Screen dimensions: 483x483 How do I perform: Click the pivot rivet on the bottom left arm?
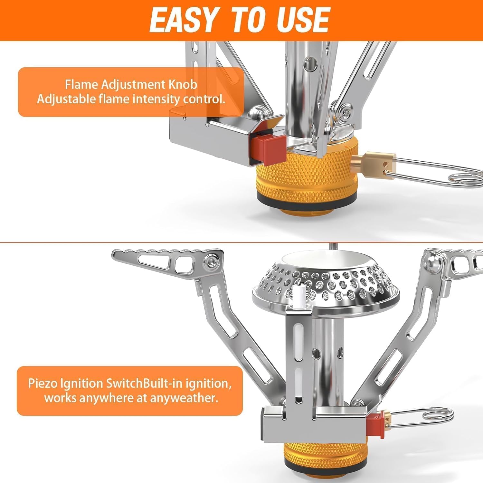pyautogui.click(x=212, y=260)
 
